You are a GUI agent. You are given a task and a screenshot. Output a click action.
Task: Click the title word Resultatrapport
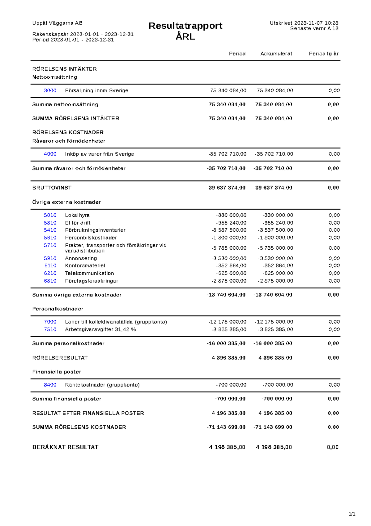tap(185, 26)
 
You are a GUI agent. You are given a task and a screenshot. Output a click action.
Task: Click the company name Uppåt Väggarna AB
tap(57, 23)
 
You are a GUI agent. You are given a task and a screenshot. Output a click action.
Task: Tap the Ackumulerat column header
tap(276, 54)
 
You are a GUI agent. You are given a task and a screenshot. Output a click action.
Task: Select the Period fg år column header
tap(324, 54)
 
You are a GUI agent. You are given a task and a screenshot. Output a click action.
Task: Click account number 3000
tap(50, 90)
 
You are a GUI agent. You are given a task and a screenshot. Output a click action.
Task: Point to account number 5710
tap(50, 245)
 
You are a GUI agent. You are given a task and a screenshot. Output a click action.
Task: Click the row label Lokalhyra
tap(77, 215)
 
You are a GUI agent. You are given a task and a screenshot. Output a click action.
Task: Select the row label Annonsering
tap(81, 258)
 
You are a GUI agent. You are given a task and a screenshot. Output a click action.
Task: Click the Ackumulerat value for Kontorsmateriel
tap(278, 265)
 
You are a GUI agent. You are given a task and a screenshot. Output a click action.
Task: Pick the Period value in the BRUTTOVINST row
tap(227, 188)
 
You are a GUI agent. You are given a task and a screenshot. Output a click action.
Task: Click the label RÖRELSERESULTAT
tap(60, 358)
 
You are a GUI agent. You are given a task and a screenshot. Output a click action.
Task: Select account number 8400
tap(50, 385)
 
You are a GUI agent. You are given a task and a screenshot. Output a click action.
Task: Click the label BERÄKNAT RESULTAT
tap(65, 447)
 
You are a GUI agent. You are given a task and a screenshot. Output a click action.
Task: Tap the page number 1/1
tap(352, 514)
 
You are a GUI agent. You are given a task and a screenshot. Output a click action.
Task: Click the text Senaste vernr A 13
tap(314, 28)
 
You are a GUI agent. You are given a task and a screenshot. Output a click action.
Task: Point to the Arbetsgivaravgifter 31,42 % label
tap(100, 329)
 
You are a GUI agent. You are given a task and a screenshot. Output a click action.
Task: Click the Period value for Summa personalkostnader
tap(226, 343)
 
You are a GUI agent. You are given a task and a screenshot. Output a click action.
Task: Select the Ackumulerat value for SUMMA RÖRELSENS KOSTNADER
tap(273, 427)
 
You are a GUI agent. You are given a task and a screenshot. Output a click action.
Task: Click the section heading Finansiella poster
tap(57, 372)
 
